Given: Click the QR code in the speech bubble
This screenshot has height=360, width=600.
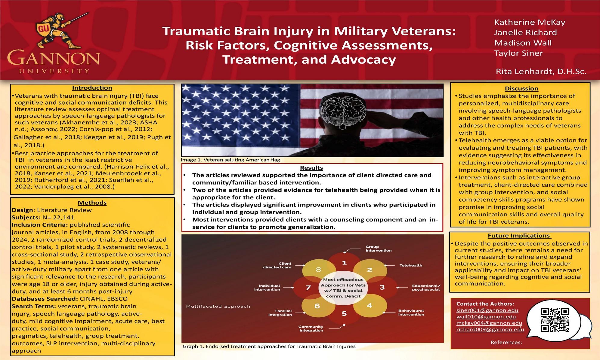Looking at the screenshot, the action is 555,320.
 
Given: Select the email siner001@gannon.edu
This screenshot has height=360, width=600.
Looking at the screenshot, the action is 487,310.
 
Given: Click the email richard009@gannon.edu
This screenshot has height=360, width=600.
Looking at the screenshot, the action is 490,329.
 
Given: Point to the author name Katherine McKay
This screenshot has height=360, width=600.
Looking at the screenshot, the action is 530,22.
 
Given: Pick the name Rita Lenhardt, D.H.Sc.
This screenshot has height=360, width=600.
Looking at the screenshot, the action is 541,72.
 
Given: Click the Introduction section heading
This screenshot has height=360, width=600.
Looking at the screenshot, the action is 92,88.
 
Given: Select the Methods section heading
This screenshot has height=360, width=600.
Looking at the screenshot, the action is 92,203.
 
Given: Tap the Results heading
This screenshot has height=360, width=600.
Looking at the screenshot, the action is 311,168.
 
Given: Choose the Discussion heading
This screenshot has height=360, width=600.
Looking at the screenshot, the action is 521,88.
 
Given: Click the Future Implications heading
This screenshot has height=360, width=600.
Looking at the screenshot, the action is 519,236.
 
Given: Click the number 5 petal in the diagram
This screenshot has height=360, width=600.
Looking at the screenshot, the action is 344,313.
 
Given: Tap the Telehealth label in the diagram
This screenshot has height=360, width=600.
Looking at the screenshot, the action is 411,265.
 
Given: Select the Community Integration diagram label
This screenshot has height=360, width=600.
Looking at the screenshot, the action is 311,328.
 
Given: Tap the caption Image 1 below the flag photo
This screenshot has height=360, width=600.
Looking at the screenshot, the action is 230,160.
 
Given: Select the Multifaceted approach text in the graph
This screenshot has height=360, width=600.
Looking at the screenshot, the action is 218,306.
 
